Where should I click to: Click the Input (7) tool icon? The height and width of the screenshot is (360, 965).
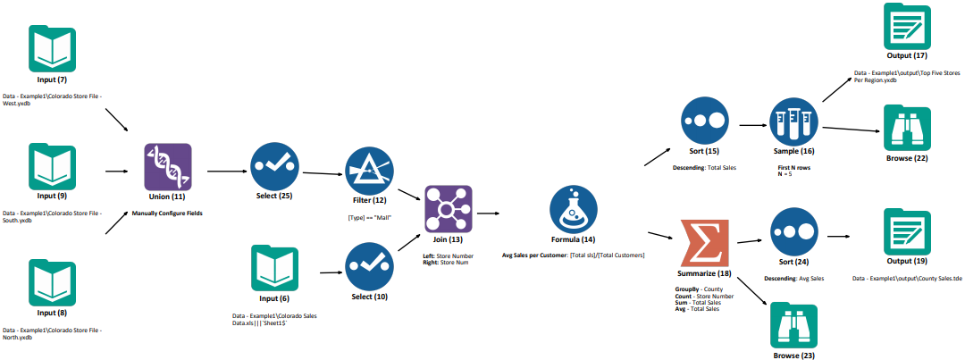[52, 48]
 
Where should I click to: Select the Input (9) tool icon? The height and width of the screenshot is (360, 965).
[52, 166]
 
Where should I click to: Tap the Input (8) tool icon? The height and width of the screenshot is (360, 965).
[52, 283]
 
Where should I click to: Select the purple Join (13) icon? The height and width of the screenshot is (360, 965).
[448, 208]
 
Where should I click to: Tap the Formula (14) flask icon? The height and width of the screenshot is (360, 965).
[574, 209]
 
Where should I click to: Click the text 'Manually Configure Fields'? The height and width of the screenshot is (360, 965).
[167, 213]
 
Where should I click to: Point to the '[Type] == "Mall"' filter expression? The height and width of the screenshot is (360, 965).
[368, 217]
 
